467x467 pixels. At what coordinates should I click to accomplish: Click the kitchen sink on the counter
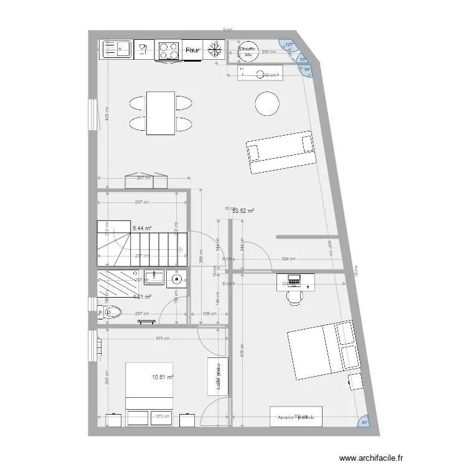coord(116,49)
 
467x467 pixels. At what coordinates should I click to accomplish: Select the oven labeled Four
coord(192,50)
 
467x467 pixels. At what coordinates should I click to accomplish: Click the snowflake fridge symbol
coord(214,50)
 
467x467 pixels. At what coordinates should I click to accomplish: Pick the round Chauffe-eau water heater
coord(248,52)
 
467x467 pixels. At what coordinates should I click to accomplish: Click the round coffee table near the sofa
coord(267,103)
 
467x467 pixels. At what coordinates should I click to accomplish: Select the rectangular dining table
coord(160,113)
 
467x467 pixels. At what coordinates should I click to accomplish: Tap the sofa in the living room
coord(281,152)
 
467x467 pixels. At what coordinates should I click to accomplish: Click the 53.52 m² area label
coord(243,211)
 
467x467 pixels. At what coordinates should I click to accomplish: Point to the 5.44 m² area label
coord(142,229)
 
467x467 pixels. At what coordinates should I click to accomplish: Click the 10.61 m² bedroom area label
coord(163,377)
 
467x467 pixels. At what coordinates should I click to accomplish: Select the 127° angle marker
coord(288,44)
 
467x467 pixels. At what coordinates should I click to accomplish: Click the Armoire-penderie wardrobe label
coord(296,417)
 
